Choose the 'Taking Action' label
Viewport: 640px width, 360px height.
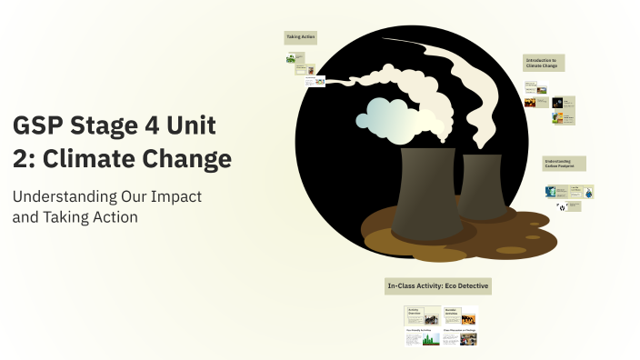coord(301,37)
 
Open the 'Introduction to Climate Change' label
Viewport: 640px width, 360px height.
coord(544,63)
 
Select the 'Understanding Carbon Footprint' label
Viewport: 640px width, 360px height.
coord(564,163)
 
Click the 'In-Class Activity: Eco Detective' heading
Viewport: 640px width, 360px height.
coord(438,286)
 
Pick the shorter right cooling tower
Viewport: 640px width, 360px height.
coord(483,185)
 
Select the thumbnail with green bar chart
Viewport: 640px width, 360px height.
coord(423,338)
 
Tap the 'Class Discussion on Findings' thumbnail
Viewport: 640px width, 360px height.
coord(460,338)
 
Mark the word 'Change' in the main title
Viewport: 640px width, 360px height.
coord(193,158)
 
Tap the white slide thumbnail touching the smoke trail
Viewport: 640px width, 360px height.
coord(315,82)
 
